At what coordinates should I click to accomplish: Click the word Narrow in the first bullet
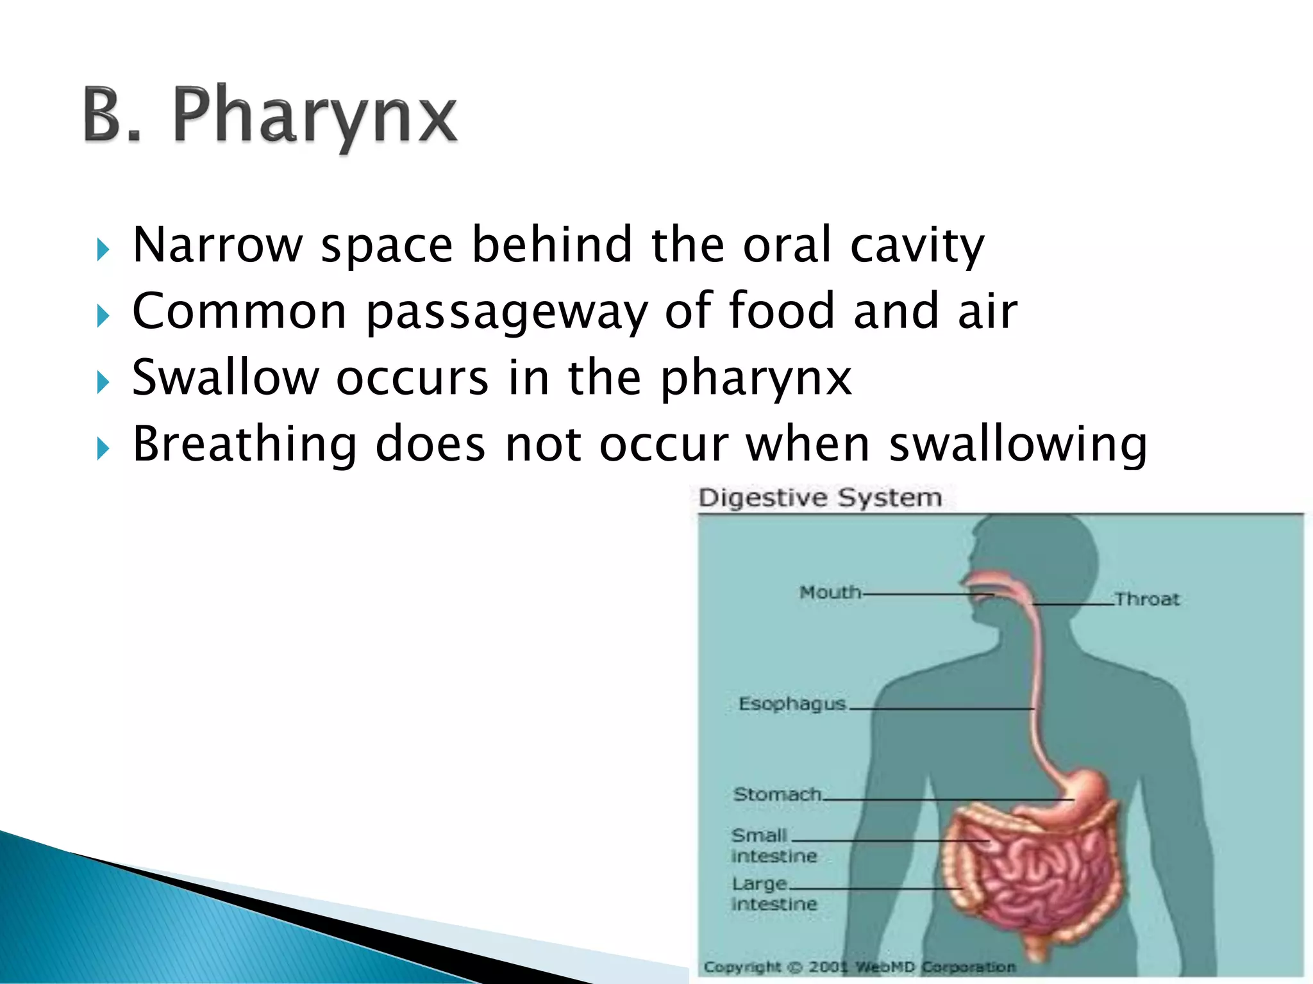(x=217, y=245)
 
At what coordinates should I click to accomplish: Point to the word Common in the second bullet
(x=239, y=311)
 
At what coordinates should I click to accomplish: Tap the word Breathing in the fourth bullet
(x=244, y=444)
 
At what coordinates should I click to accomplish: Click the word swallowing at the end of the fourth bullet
(x=1018, y=445)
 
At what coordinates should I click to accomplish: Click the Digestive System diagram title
(x=820, y=498)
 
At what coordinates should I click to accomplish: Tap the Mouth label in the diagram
(x=830, y=592)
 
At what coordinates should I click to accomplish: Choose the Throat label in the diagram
(x=1147, y=600)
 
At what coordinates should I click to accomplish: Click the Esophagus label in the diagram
(x=792, y=703)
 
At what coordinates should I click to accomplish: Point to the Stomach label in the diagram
(x=777, y=794)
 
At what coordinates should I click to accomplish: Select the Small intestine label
(x=774, y=845)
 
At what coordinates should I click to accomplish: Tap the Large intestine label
(x=774, y=894)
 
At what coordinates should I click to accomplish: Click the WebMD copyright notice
(x=859, y=967)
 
